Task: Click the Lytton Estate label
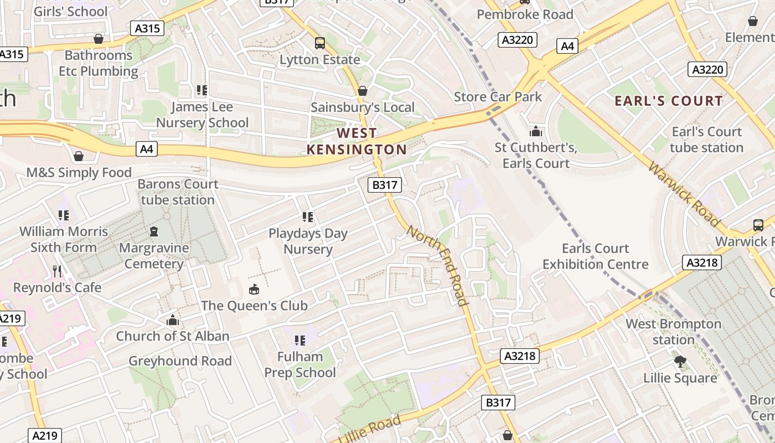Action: [x=319, y=59]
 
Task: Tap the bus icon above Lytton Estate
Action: [x=319, y=43]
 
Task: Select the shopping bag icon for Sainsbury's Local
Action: [x=363, y=91]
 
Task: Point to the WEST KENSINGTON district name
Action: [x=357, y=141]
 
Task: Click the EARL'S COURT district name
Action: [x=669, y=101]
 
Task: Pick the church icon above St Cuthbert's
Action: [x=536, y=131]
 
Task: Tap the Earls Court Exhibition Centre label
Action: [x=595, y=256]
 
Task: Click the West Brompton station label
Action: [x=673, y=331]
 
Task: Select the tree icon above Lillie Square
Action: [x=680, y=362]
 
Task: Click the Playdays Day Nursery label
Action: [x=308, y=241]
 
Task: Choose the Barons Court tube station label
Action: [x=178, y=192]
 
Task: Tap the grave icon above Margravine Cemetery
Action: [x=153, y=231]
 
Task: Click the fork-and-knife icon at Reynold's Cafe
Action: [x=57, y=271]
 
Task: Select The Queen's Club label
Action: [x=254, y=305]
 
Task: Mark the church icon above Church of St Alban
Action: [x=173, y=320]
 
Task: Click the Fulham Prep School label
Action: [x=300, y=364]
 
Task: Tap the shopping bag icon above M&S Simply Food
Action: [x=79, y=156]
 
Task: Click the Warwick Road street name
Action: [x=684, y=194]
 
